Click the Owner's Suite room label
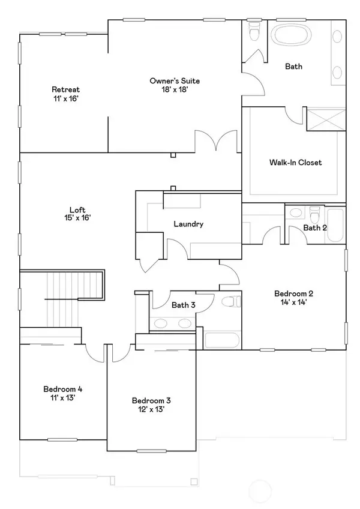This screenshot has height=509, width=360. (175, 80)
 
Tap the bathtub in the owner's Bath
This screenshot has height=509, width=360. (291, 35)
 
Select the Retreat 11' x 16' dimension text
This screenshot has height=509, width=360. (66, 98)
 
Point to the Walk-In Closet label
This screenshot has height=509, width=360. (295, 162)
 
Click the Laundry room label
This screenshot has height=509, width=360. (188, 224)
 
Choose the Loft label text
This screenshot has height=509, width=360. (77, 209)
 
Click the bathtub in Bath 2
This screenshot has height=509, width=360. (335, 225)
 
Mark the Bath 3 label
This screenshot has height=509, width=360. (184, 305)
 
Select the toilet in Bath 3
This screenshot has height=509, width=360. (231, 302)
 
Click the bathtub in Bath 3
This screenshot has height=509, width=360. (223, 340)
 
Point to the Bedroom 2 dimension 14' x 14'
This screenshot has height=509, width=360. (294, 303)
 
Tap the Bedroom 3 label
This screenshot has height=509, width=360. (151, 400)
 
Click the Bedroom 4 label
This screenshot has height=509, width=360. (62, 389)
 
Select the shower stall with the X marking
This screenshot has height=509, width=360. (326, 120)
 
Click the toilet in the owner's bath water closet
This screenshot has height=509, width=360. (254, 31)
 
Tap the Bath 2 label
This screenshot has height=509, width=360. (315, 227)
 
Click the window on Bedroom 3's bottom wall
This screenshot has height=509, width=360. (151, 451)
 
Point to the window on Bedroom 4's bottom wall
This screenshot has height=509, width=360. (62, 440)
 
